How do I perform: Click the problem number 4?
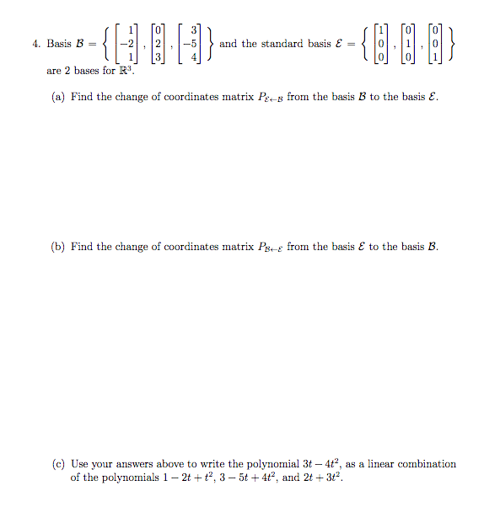coord(35,44)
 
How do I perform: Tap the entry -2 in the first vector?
coord(127,44)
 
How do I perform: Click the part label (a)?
coord(59,97)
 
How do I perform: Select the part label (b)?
coord(59,246)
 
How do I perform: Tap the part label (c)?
coord(59,464)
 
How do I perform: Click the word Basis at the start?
coord(59,44)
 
